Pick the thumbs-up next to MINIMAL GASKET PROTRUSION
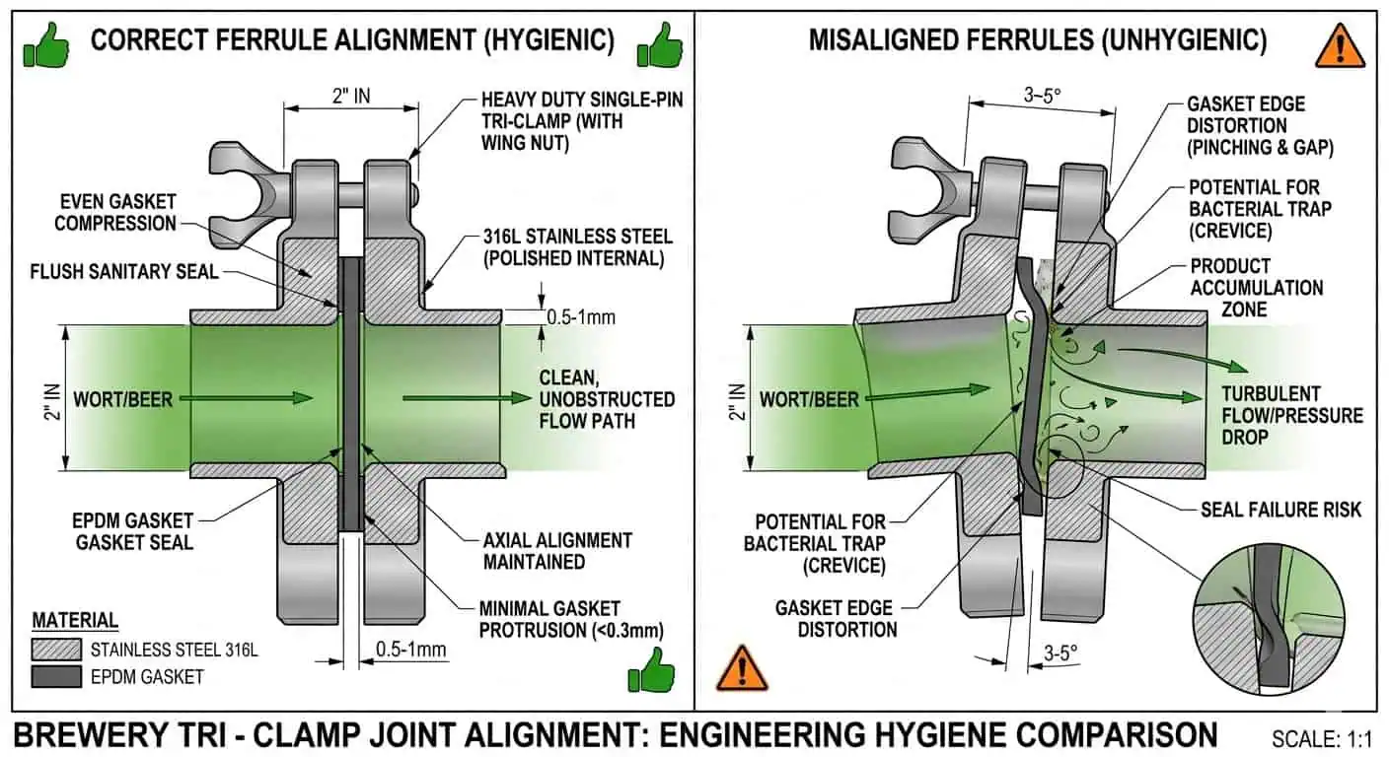pos(651,672)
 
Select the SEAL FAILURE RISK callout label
pos(1280,510)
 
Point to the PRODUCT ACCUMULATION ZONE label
pos(1256,288)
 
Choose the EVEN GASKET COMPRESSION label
pos(115,213)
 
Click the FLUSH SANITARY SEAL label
pos(124,271)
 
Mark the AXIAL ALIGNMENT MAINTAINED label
pos(557,551)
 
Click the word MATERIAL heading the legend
pos(75,621)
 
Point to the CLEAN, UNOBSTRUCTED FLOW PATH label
pos(606,400)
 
